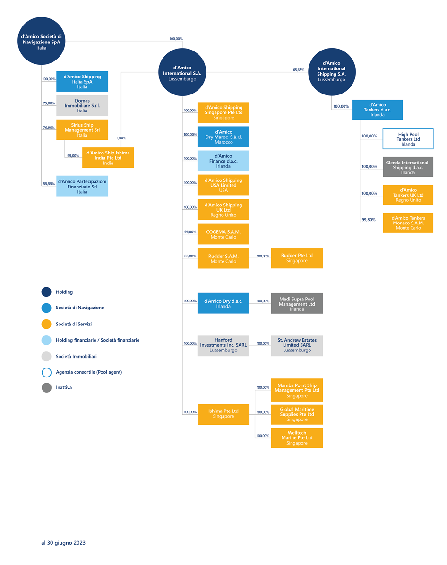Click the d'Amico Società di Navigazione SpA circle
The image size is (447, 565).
click(42, 41)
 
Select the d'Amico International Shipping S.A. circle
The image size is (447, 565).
click(332, 72)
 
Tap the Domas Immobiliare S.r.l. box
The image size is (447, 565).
click(82, 105)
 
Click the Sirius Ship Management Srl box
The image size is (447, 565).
click(82, 130)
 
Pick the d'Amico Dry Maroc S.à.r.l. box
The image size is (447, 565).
click(223, 137)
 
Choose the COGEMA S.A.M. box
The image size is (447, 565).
click(223, 234)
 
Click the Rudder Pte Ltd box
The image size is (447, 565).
click(297, 258)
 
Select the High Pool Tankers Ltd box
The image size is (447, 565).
click(408, 139)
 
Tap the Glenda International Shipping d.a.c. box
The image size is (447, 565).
click(408, 167)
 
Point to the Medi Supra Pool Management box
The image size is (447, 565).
click(297, 303)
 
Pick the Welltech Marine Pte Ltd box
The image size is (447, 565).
click(297, 438)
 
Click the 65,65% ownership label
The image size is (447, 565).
click(299, 70)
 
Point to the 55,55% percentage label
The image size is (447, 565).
click(49, 184)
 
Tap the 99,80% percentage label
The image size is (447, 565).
click(369, 220)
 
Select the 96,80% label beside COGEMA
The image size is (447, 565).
click(190, 232)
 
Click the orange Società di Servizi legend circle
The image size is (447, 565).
click(46, 324)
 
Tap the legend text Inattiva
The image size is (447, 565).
click(64, 388)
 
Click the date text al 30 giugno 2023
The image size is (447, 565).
click(63, 543)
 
